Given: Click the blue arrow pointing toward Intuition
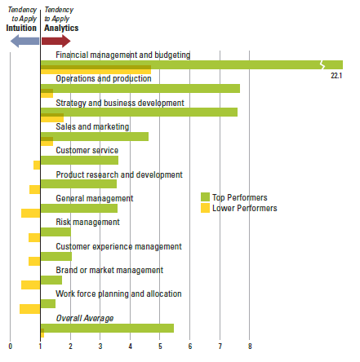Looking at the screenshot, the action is coord(24,42).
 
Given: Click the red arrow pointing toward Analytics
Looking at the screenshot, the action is coord(56,42).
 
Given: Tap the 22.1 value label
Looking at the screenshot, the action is coord(336,76).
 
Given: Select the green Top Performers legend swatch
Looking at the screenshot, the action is coord(205,196).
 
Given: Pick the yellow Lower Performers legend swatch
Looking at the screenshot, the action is coord(205,208).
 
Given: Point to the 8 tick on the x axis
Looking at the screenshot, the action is coord(250,347).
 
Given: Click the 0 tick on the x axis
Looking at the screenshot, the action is coord(11,347).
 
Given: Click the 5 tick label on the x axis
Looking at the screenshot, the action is coord(160,347).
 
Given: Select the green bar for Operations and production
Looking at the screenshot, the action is coord(140,89).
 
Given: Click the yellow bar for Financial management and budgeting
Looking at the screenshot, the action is coord(96,69).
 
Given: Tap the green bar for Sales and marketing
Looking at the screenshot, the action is coord(95,137).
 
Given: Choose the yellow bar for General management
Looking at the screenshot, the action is coord(31,213).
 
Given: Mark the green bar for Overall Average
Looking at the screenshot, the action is coord(107,328).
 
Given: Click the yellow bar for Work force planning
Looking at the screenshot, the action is coord(30,309).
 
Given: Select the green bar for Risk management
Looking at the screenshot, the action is coord(56,232).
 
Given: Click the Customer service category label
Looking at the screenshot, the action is coord(87,150).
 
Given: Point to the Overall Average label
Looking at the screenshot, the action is coord(85,318).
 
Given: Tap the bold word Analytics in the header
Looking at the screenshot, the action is coord(61,28).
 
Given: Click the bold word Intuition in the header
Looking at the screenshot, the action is coord(21,28).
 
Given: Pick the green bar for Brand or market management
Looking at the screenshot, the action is coord(51,280).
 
